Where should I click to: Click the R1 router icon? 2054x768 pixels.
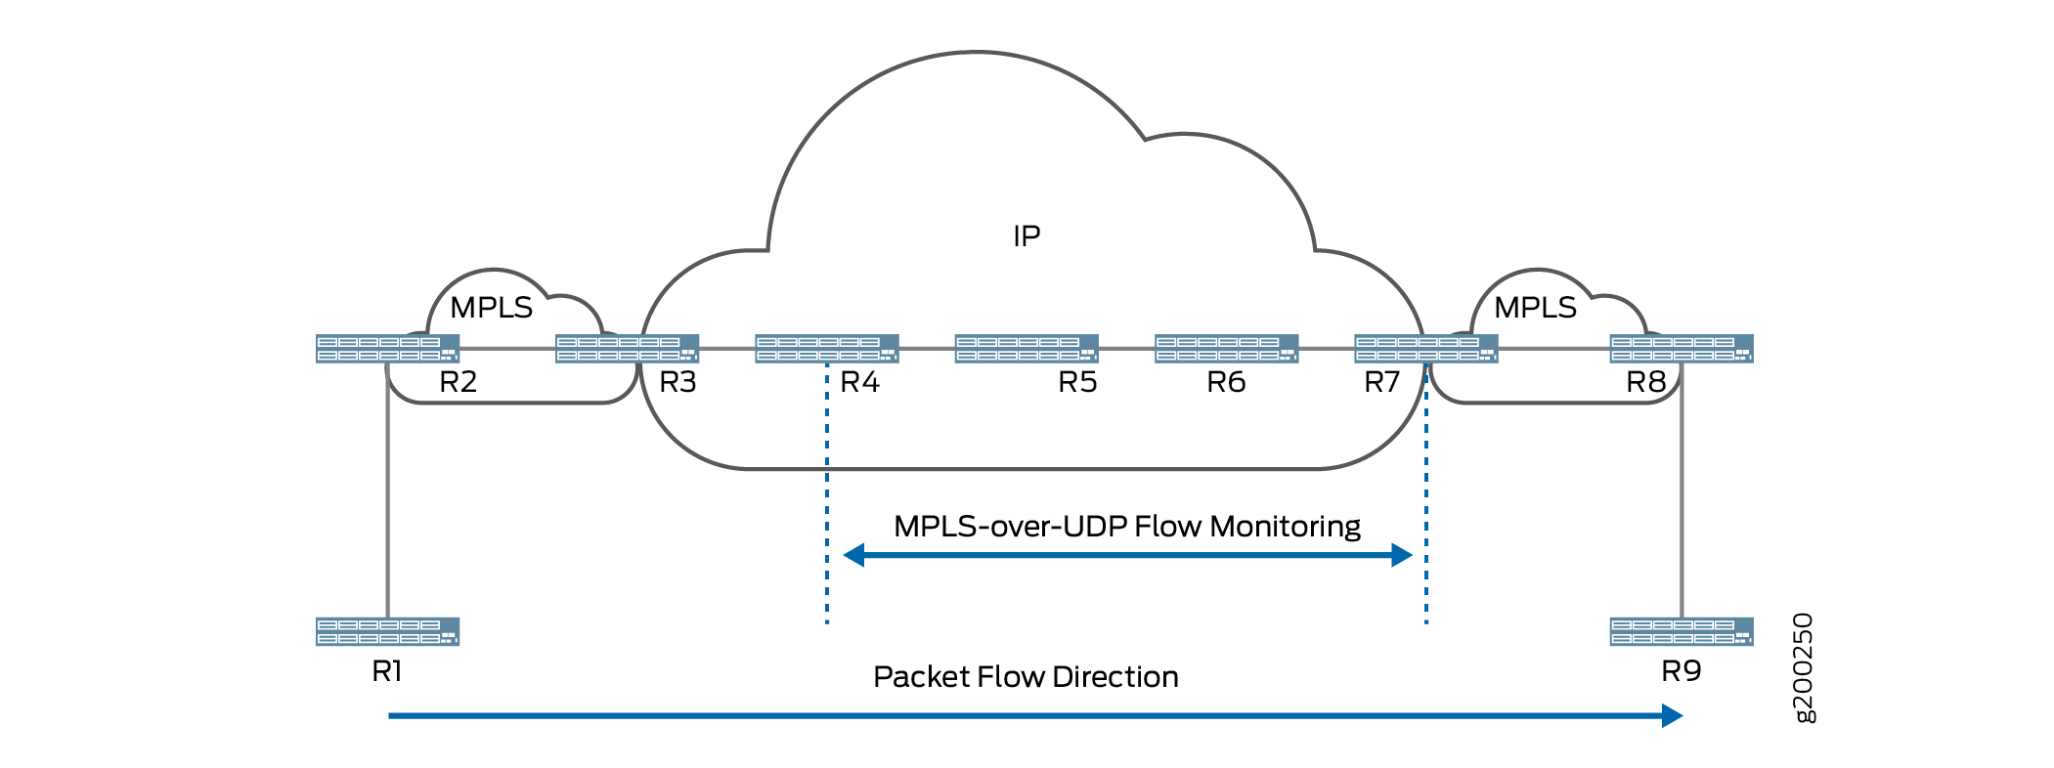[x=387, y=631]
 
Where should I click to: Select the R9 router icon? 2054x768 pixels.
[x=1682, y=631]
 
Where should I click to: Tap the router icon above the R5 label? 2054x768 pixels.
[x=1027, y=349]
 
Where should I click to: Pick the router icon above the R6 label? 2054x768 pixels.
[x=1226, y=349]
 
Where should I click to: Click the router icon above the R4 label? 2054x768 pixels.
[x=826, y=349]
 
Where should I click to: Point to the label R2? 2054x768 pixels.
[x=458, y=382]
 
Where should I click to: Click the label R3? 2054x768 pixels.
[x=677, y=382]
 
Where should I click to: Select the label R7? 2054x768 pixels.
[x=1381, y=382]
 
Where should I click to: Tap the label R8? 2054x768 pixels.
[x=1645, y=382]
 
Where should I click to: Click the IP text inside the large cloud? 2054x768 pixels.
[x=1027, y=236]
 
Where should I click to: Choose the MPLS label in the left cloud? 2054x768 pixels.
[x=491, y=308]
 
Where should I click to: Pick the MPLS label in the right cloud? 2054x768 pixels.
[x=1535, y=308]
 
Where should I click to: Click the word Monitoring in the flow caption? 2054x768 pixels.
[x=1285, y=527]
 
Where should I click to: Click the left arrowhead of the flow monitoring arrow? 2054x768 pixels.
[x=853, y=556]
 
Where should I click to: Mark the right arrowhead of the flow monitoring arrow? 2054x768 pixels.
[x=1402, y=556]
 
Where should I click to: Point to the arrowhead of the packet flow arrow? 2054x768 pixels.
[x=1672, y=716]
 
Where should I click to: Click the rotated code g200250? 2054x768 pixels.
[x=1804, y=667]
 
